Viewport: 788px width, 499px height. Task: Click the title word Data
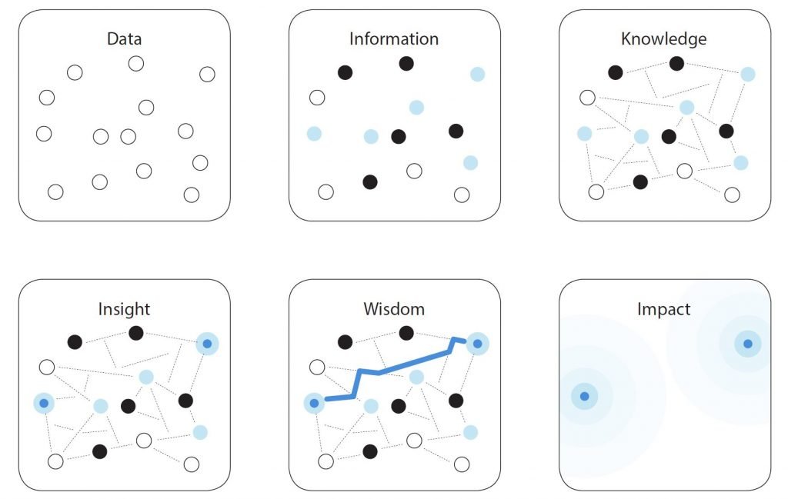[125, 38]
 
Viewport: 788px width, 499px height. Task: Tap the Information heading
[394, 38]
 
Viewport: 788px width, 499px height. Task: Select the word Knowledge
[663, 38]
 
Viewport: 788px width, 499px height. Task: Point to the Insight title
[125, 309]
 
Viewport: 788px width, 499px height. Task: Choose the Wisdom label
[394, 309]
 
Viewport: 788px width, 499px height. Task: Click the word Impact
[663, 309]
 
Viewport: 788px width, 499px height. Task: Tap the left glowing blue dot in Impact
[584, 396]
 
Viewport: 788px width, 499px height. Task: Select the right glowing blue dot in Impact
[747, 343]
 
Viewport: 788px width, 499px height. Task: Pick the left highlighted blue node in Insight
[44, 402]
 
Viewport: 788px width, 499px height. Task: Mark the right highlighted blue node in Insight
[207, 344]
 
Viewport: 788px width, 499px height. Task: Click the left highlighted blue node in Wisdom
[314, 402]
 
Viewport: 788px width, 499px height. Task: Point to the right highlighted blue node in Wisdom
[477, 344]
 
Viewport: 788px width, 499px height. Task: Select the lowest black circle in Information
[370, 182]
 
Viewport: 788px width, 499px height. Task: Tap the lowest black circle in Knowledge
[640, 182]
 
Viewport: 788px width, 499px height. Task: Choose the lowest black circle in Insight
[99, 451]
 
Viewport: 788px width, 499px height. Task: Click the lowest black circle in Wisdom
[370, 451]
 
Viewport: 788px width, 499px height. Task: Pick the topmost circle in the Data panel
[136, 64]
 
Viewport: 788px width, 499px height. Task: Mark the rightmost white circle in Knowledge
[732, 195]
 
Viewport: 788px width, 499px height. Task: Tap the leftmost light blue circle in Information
[314, 134]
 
